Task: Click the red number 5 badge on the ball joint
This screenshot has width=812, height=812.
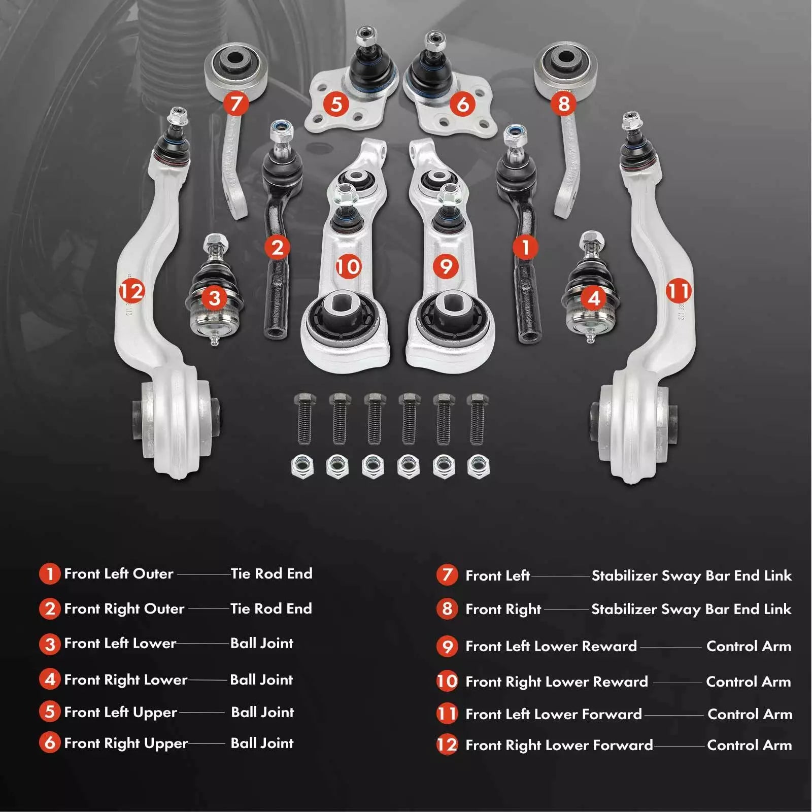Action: (336, 104)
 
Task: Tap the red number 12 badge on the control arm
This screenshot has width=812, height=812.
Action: (132, 291)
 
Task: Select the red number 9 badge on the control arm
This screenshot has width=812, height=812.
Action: (446, 266)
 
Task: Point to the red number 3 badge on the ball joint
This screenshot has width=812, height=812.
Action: (215, 298)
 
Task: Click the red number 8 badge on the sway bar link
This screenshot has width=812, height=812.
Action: (563, 104)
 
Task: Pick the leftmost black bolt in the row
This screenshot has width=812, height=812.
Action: (304, 419)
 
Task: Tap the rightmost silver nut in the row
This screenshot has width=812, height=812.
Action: (478, 465)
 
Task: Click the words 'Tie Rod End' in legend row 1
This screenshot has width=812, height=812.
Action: (272, 574)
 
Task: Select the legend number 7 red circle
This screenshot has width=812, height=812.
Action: (447, 575)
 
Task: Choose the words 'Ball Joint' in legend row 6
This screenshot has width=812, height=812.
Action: (262, 743)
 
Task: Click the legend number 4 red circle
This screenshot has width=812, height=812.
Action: (50, 679)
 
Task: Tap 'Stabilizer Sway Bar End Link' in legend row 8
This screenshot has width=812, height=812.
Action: (691, 609)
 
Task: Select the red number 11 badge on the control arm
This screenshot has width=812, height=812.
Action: (679, 291)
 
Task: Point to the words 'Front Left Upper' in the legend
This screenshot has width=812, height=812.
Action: (120, 713)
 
